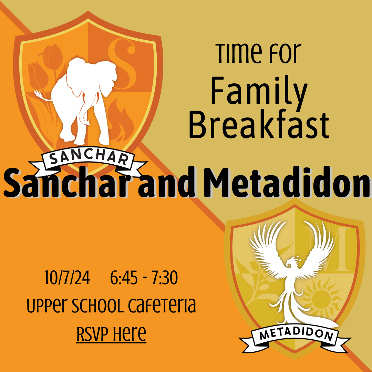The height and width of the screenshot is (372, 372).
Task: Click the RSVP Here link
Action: pyautogui.click(x=111, y=333)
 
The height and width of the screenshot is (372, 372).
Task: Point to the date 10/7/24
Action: pyautogui.click(x=67, y=278)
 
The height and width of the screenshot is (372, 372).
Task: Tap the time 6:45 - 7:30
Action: pyautogui.click(x=144, y=278)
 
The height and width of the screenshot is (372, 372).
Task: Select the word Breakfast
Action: pyautogui.click(x=259, y=124)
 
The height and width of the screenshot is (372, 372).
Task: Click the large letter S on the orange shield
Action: pyautogui.click(x=123, y=64)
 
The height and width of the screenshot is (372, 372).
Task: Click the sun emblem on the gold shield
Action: pyautogui.click(x=320, y=299)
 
